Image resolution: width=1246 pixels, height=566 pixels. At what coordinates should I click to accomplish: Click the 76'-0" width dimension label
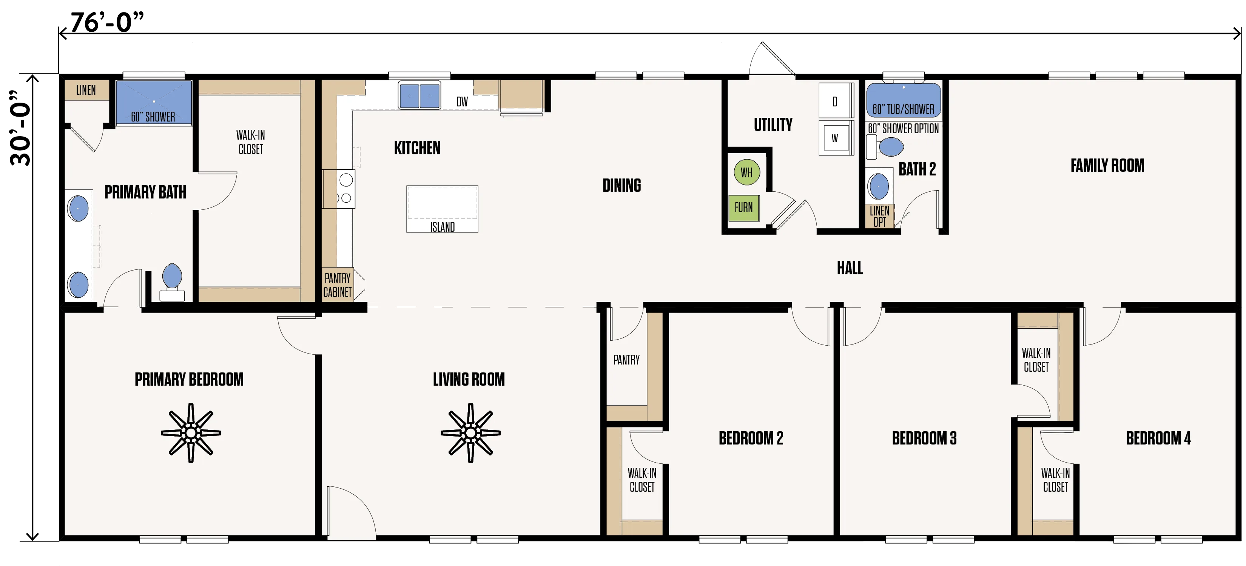click(107, 22)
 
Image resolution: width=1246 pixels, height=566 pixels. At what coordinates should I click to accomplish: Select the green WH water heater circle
click(746, 172)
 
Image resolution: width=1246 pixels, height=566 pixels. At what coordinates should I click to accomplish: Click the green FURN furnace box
click(743, 208)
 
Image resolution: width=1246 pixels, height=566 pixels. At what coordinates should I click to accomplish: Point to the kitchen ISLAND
click(442, 209)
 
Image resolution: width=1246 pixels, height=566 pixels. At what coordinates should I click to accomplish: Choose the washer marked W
click(835, 138)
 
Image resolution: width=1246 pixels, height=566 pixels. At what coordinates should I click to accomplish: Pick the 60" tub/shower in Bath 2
click(903, 100)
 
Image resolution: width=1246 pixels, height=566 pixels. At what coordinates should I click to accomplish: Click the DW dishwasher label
click(462, 102)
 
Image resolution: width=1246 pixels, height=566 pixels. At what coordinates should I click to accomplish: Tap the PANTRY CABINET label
click(337, 285)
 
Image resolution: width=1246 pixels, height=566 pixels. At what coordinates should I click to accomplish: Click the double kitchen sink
click(419, 95)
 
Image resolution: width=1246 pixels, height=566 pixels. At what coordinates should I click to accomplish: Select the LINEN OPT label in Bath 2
click(879, 216)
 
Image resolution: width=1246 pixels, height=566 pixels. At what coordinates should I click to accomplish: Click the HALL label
click(850, 268)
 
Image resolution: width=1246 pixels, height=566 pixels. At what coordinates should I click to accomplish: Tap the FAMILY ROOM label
click(1107, 165)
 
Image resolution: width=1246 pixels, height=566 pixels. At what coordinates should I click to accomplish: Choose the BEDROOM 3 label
click(924, 438)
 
